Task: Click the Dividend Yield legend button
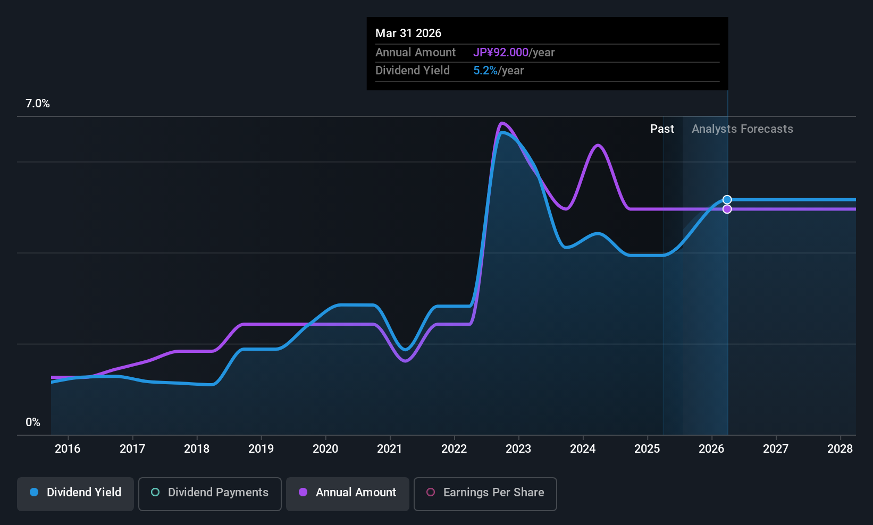tap(75, 493)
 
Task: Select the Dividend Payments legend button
tap(210, 493)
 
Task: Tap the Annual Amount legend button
tap(348, 493)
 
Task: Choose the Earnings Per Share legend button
tap(485, 493)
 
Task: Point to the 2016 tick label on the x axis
tap(68, 449)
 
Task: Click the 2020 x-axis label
tap(325, 449)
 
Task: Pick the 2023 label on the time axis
tap(518, 449)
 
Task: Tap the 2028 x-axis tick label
tap(840, 449)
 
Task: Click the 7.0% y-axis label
tap(38, 104)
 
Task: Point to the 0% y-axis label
tap(33, 422)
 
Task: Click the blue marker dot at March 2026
tap(727, 200)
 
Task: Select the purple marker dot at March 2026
tap(727, 209)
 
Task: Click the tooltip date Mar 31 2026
tap(408, 33)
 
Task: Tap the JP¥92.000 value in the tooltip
tap(501, 53)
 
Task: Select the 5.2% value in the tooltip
tap(485, 71)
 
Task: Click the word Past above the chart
tap(662, 129)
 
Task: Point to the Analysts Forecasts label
tap(742, 129)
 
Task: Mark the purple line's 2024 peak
tap(598, 145)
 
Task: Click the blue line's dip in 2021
tap(406, 350)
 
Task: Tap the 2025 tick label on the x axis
tap(647, 449)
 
